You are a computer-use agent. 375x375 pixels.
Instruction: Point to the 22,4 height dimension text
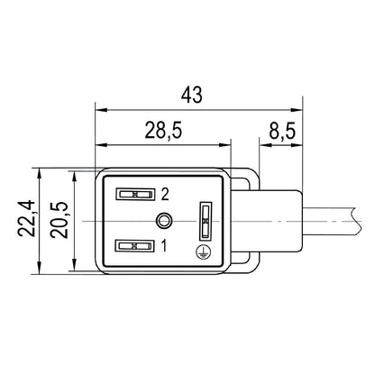click(27, 220)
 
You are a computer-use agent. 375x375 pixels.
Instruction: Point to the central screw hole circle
click(163, 219)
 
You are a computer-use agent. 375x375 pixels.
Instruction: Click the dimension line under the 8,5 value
click(270, 144)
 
